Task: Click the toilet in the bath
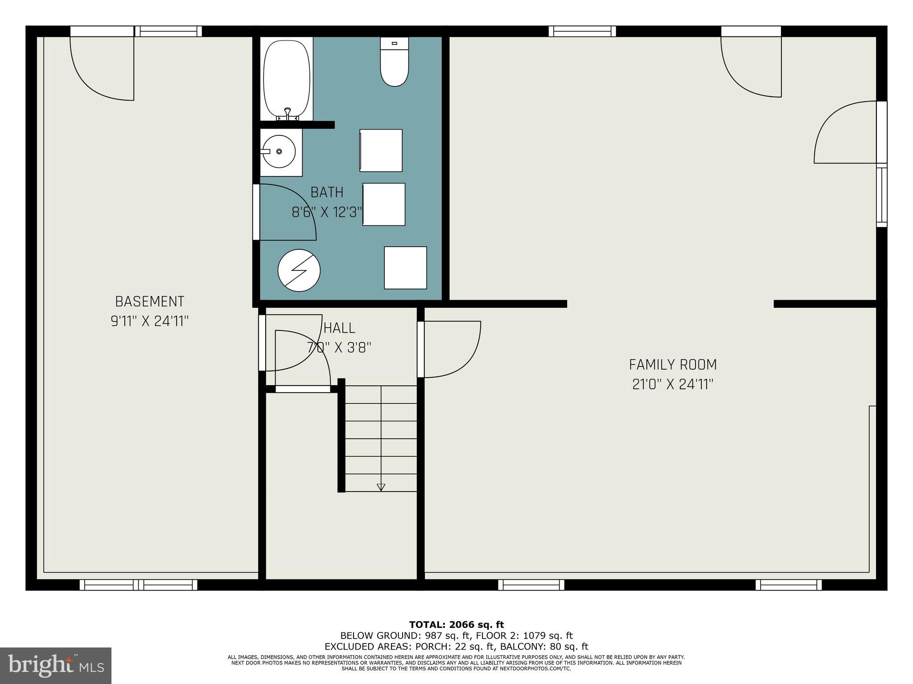(x=394, y=62)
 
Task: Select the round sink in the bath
(x=279, y=151)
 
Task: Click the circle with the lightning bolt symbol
(x=299, y=270)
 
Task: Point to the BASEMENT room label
(x=149, y=301)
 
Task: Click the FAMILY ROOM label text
(x=672, y=365)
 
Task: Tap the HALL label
(x=339, y=328)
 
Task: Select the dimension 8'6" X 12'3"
(x=327, y=212)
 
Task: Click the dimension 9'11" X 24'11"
(x=149, y=321)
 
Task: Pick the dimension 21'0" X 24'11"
(x=672, y=384)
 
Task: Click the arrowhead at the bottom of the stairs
(x=381, y=487)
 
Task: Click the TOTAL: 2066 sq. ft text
(x=456, y=625)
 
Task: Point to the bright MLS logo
(x=55, y=665)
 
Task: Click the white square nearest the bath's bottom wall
(x=405, y=268)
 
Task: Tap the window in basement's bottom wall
(x=138, y=585)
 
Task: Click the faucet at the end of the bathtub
(x=288, y=114)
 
